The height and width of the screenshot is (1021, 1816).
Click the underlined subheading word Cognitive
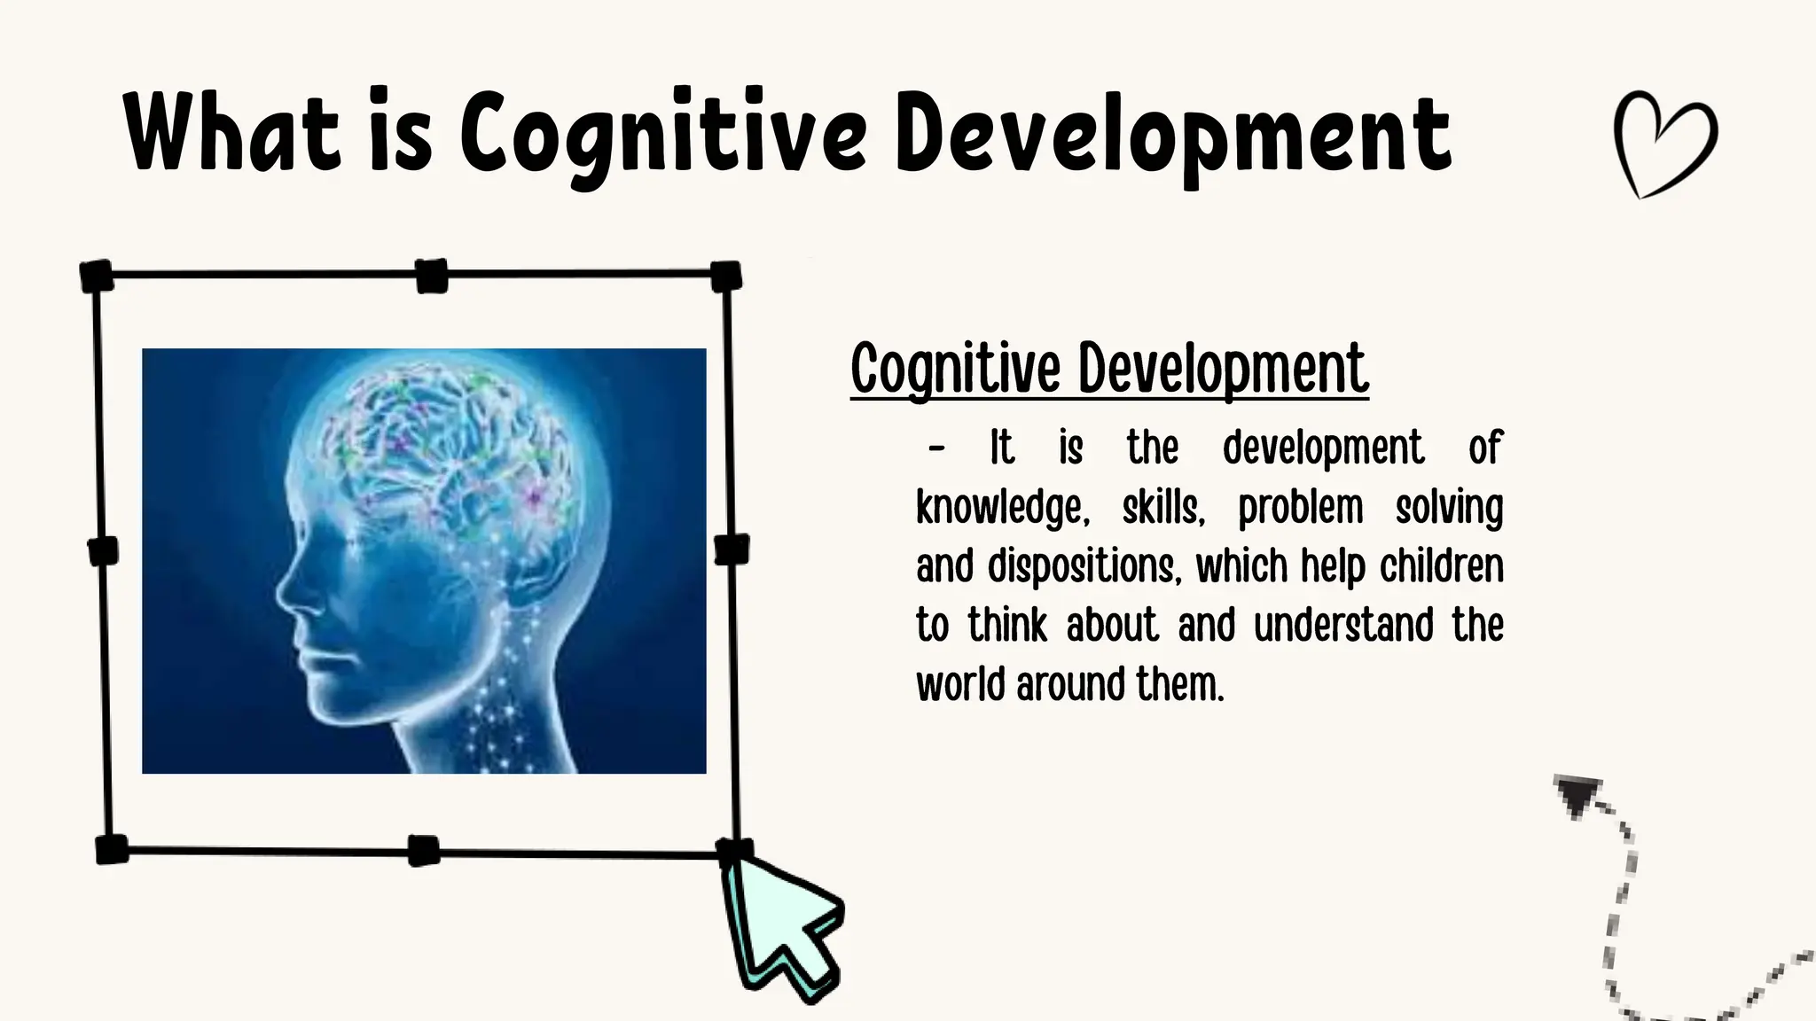click(956, 369)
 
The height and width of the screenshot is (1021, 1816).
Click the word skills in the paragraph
click(1163, 509)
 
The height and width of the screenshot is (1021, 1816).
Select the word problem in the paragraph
click(1300, 509)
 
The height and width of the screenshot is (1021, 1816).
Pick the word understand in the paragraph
click(1343, 625)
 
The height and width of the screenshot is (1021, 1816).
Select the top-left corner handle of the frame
click(97, 276)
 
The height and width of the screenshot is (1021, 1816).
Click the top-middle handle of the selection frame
click(432, 276)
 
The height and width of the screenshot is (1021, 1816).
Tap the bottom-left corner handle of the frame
click(112, 849)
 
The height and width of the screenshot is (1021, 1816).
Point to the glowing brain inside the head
click(452, 443)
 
